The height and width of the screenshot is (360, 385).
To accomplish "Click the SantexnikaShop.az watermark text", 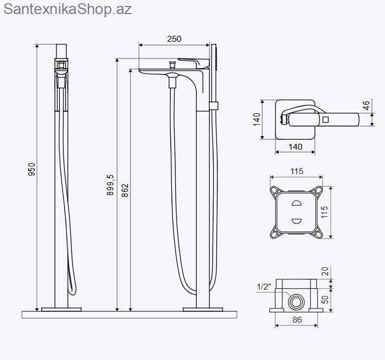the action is click(x=68, y=9).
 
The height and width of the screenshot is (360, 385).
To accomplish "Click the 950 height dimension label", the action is click(x=31, y=169).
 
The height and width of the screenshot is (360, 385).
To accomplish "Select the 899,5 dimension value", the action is click(x=110, y=185).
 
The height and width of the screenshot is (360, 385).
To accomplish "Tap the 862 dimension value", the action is click(x=125, y=190).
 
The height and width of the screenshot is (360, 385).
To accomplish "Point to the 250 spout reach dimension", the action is click(x=174, y=39).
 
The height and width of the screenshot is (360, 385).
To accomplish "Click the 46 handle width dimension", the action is click(x=366, y=105).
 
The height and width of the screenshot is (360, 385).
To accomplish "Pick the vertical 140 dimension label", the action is click(x=256, y=119).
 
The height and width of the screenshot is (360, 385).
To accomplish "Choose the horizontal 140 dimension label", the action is click(x=296, y=147).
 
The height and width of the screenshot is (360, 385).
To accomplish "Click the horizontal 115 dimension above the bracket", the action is click(x=297, y=171).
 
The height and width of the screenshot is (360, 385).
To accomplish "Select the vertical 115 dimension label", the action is click(x=324, y=211).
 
